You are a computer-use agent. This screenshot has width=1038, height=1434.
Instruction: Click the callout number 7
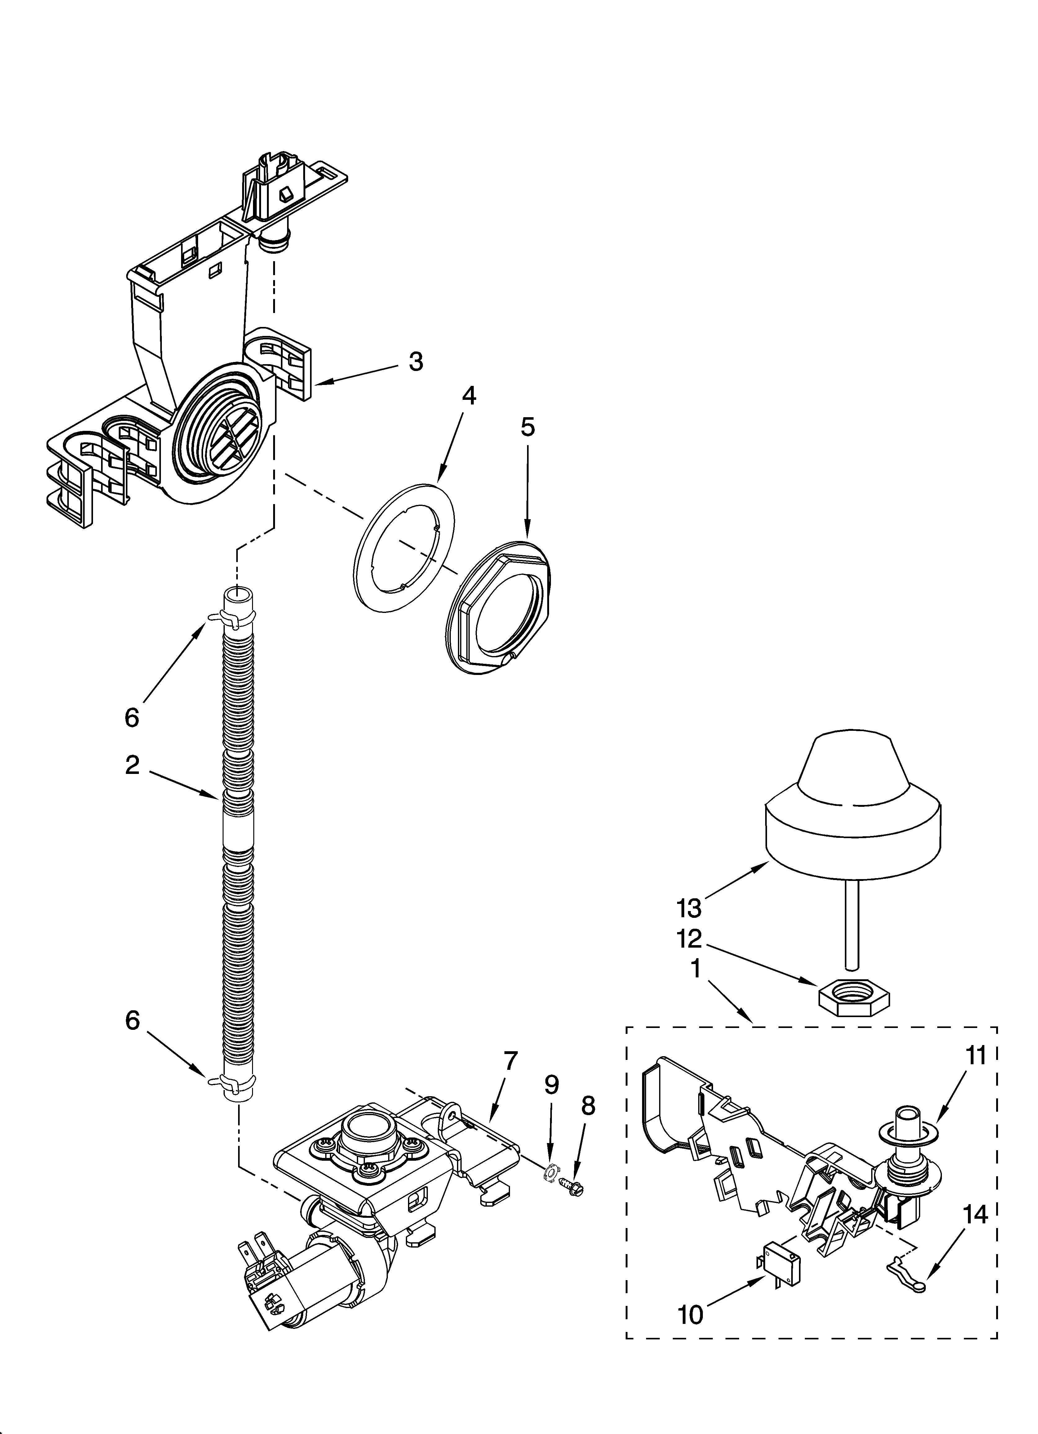click(510, 1060)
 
